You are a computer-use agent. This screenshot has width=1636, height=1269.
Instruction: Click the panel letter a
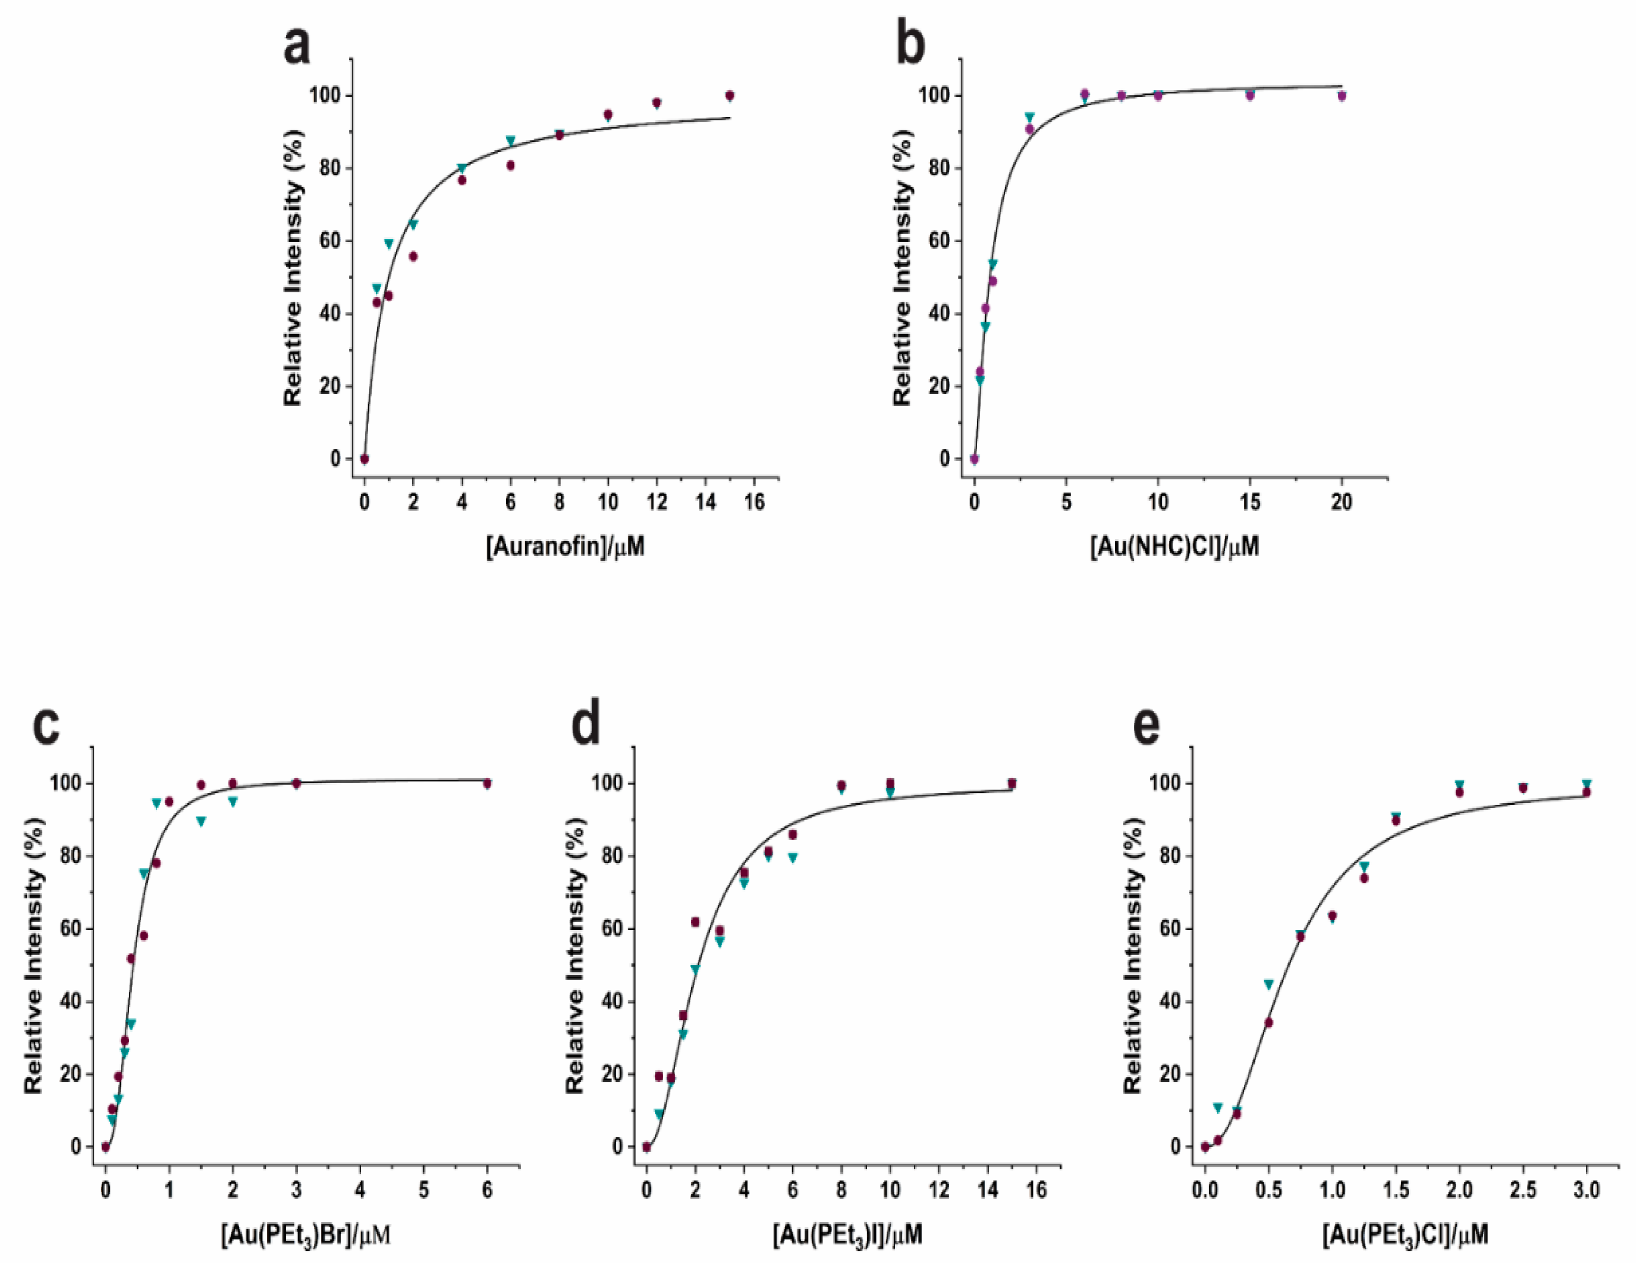point(297,47)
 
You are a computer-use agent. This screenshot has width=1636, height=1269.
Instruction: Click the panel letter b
point(910,47)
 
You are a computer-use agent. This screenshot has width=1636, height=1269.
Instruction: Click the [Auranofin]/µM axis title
point(565,546)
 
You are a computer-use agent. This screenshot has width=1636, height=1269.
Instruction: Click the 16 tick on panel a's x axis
point(754,503)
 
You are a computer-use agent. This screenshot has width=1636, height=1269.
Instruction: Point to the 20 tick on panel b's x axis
point(1342,503)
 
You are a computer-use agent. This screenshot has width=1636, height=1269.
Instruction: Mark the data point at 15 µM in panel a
point(730,96)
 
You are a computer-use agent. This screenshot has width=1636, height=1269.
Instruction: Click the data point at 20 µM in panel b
point(1342,96)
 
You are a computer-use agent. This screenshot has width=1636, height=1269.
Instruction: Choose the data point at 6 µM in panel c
point(488,784)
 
